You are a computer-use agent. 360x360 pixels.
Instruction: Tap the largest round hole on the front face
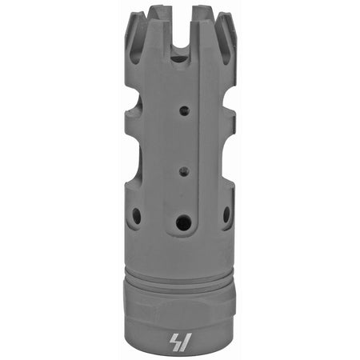[x=183, y=222]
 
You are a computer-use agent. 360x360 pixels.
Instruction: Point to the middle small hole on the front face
[x=184, y=170]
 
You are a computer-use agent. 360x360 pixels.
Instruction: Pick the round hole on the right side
[x=226, y=214]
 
